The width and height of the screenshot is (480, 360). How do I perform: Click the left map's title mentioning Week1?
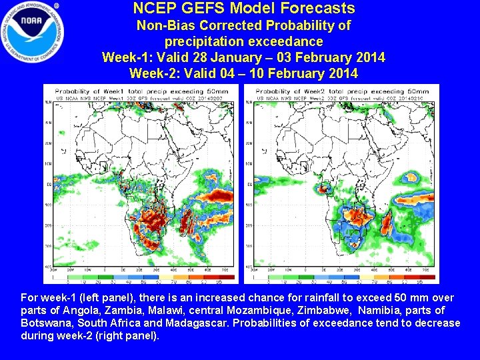[x=137, y=91]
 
